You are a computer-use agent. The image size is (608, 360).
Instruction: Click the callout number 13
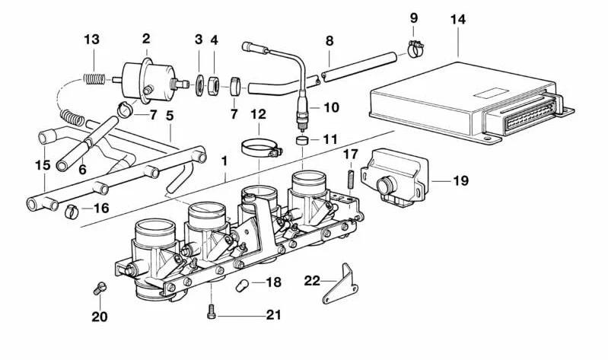pyautogui.click(x=91, y=39)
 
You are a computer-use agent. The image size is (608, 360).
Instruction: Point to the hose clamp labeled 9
pyautogui.click(x=414, y=49)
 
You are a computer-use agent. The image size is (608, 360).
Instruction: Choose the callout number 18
pyautogui.click(x=273, y=282)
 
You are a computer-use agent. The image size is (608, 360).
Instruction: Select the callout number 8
pyautogui.click(x=329, y=40)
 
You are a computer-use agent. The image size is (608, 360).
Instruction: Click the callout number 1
pyautogui.click(x=224, y=163)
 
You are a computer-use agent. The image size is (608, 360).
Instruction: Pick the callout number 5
pyautogui.click(x=170, y=116)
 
